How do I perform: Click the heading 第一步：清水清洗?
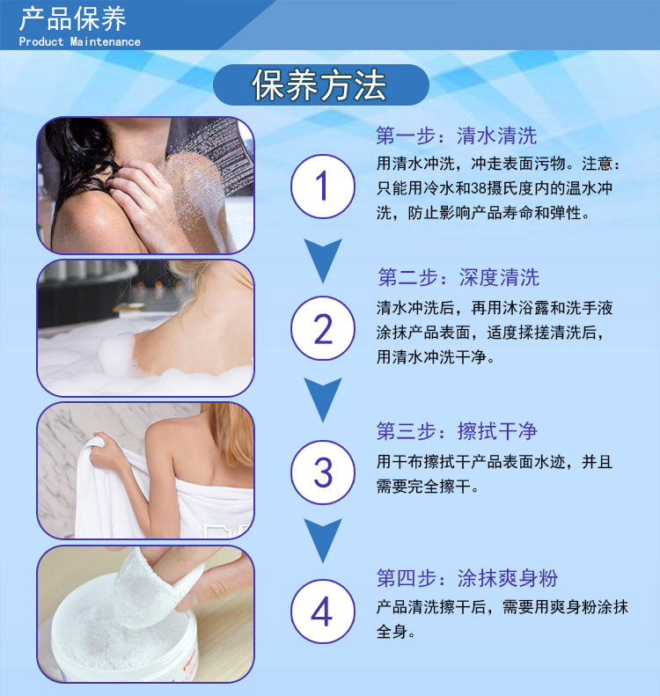[x=456, y=136]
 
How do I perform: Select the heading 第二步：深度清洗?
[x=458, y=277]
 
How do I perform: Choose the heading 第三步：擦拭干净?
[x=457, y=431]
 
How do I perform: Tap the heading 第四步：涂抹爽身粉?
[x=467, y=578]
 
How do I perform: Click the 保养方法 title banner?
[x=321, y=84]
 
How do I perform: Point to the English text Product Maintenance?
[x=79, y=41]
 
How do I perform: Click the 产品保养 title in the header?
[x=73, y=19]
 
